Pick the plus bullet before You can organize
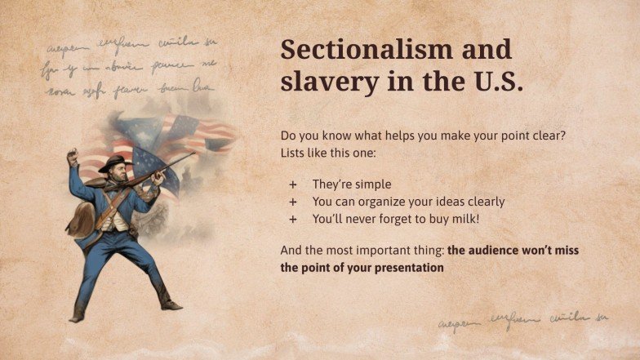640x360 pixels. coord(292,202)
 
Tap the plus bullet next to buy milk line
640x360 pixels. coord(292,219)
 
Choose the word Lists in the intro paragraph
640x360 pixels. coord(295,153)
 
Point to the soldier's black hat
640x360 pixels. coord(114,162)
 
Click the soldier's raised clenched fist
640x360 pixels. coord(73,155)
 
